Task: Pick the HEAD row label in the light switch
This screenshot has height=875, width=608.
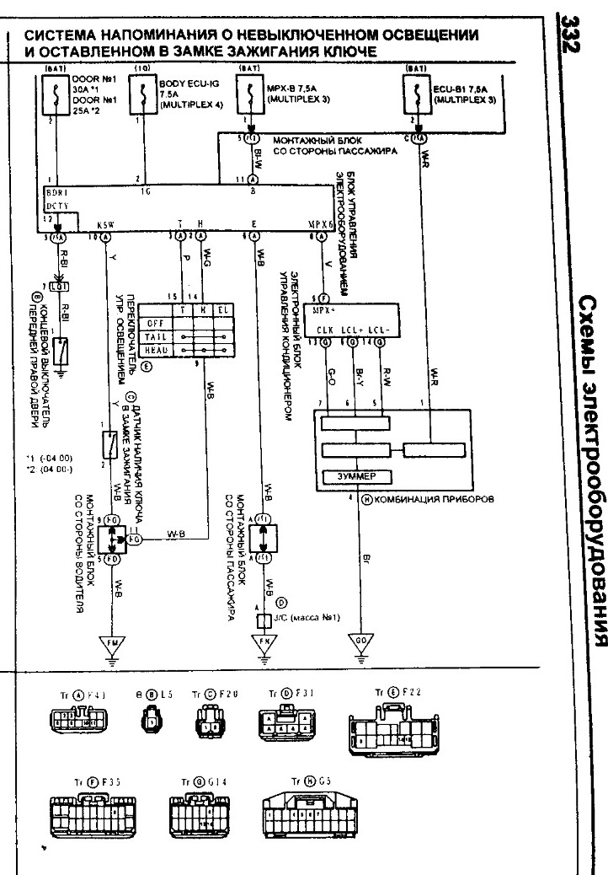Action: pyautogui.click(x=154, y=349)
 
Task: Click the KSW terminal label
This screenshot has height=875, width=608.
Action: pyautogui.click(x=105, y=225)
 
